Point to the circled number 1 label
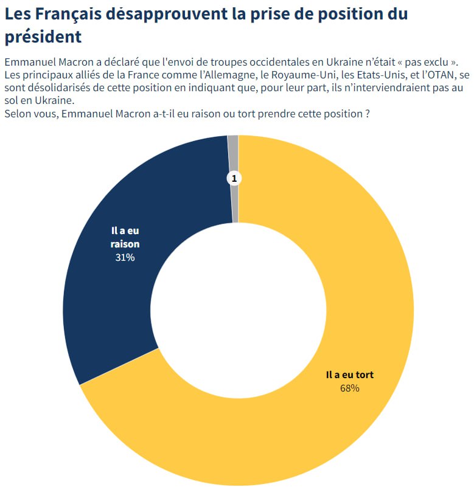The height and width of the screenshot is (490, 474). pos(234,178)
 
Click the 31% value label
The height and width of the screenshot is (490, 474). pos(125,257)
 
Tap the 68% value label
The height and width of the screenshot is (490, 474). pos(350,388)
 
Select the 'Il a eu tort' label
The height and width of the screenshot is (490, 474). pos(350,375)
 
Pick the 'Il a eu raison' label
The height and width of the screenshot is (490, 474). pos(125,237)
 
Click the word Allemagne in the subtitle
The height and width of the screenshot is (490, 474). pos(231,75)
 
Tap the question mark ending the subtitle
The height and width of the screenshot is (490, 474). pos(368,114)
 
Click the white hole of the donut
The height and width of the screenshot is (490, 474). pos(238,310)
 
